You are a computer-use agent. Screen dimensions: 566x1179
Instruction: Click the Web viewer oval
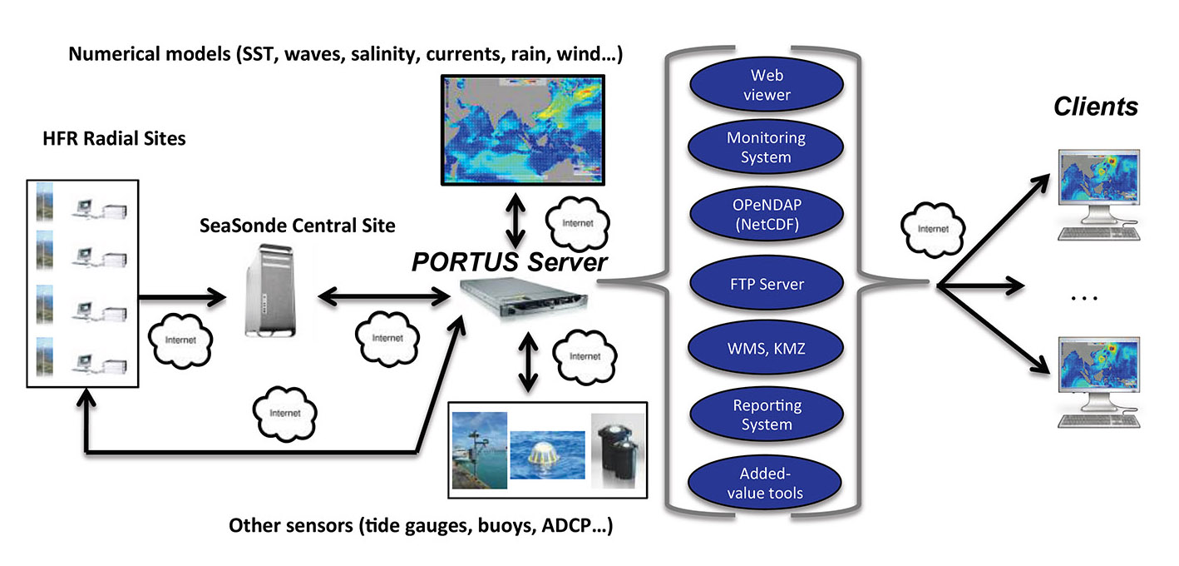767,86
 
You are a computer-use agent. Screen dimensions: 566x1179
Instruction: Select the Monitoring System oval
767,147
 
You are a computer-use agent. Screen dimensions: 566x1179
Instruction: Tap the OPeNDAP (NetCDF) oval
767,215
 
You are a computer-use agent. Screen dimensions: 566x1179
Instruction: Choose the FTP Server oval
767,284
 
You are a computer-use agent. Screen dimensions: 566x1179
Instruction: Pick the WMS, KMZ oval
767,349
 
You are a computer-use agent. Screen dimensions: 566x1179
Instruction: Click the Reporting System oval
767,415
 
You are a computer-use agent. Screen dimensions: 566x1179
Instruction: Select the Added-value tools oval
767,484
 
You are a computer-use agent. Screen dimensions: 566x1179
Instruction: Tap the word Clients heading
1095,107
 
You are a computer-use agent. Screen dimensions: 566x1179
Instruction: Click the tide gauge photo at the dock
479,449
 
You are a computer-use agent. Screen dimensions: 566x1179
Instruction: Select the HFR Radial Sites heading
114,138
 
